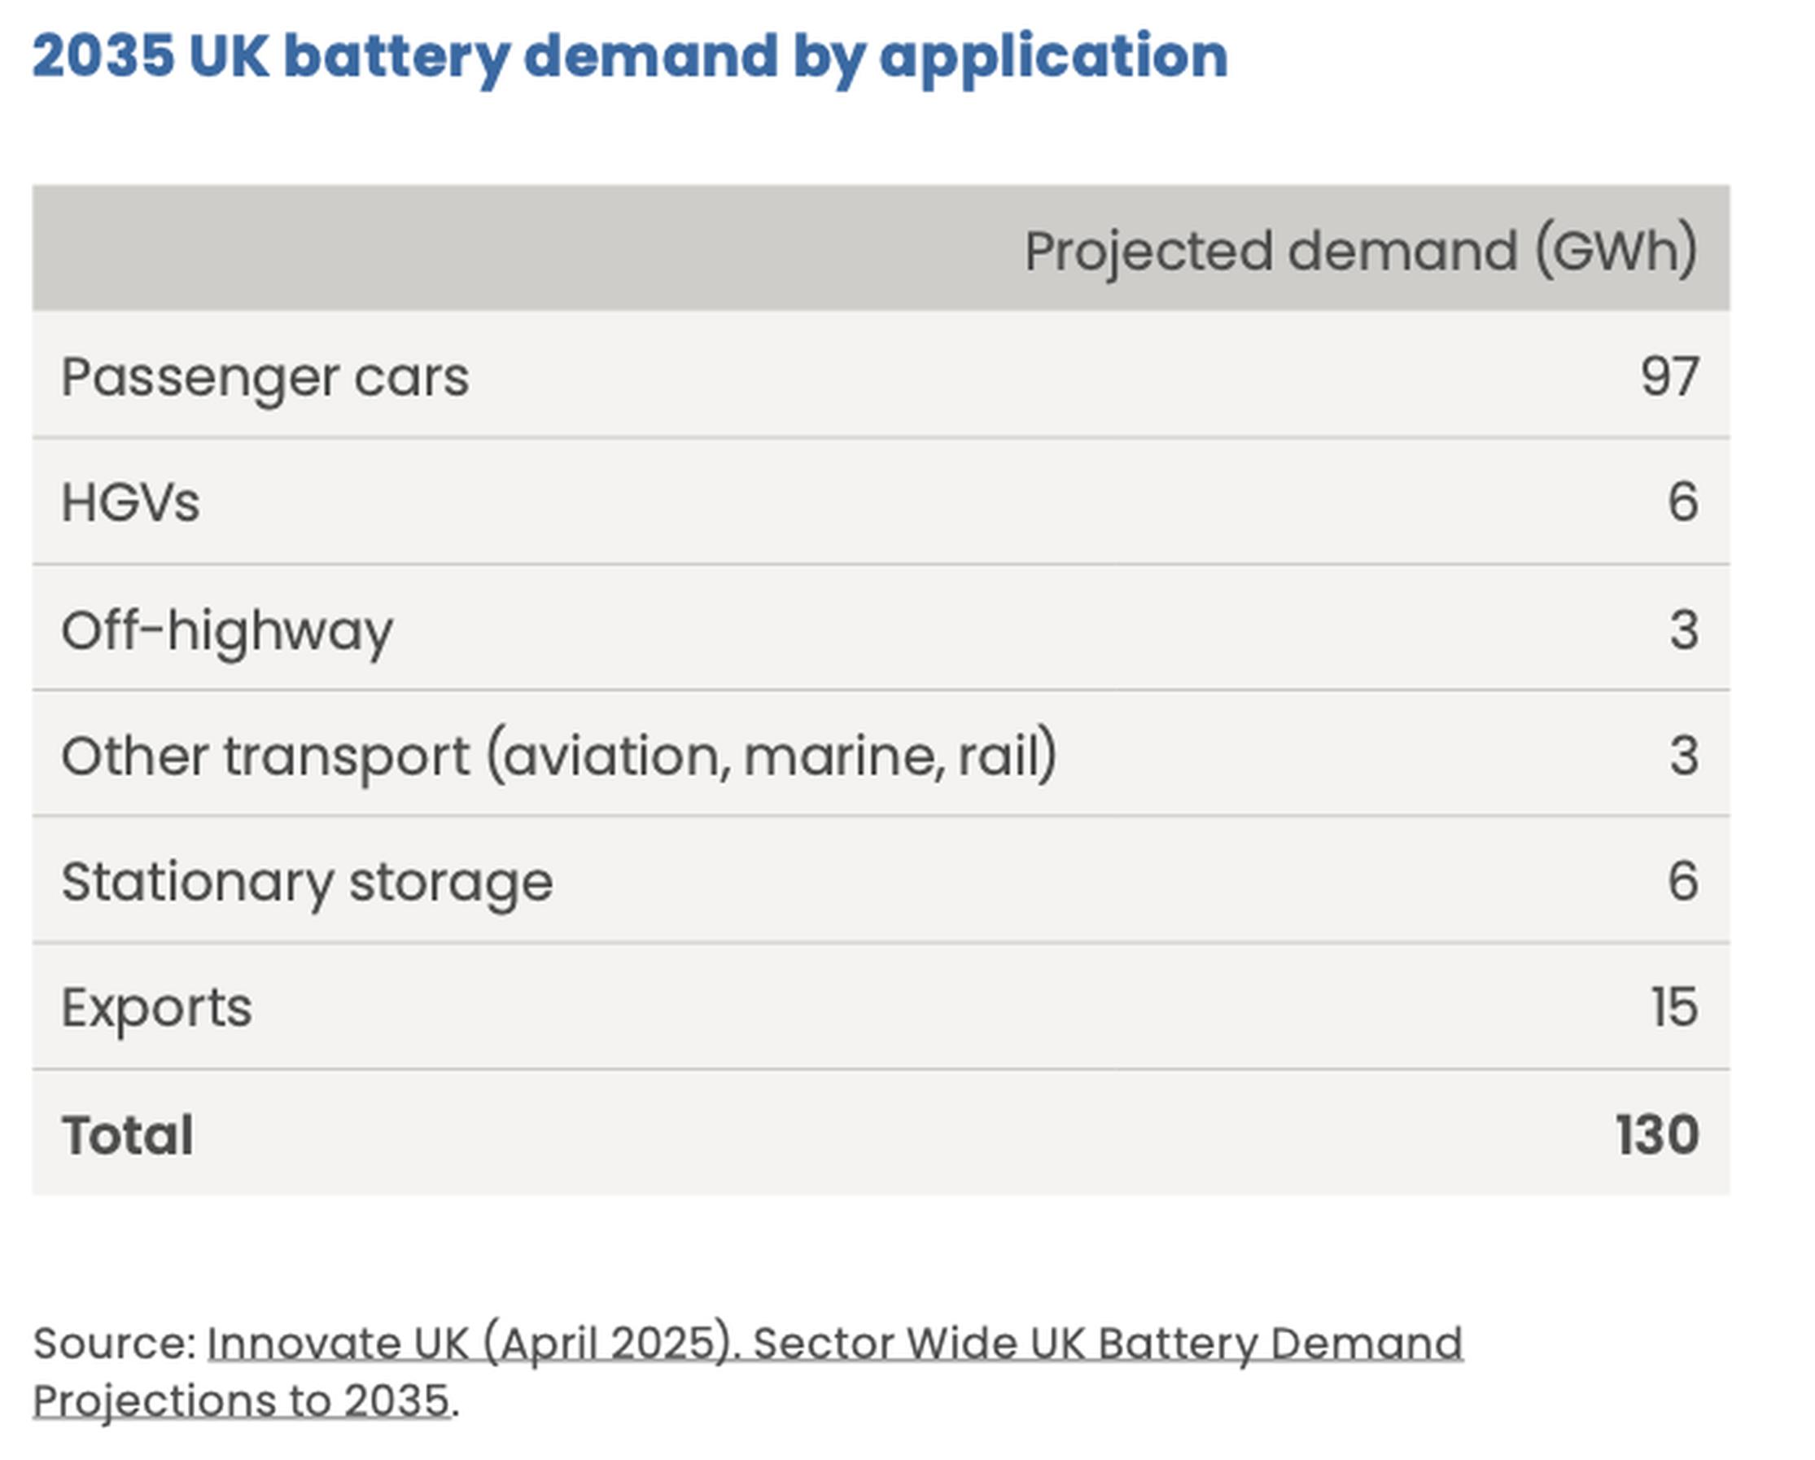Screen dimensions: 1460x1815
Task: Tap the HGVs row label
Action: tap(130, 502)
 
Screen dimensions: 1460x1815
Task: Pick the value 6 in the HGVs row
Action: tap(1682, 502)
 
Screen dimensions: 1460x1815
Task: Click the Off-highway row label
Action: tap(226, 629)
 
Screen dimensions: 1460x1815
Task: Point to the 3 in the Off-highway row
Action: tap(1683, 629)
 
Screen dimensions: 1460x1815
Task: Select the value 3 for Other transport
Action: tap(1683, 756)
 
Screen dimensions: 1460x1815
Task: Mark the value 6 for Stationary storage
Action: tap(1682, 882)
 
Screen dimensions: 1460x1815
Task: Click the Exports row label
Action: tap(155, 1007)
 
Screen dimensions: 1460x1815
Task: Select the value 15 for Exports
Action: tap(1673, 1007)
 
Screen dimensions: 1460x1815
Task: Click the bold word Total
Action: tap(127, 1134)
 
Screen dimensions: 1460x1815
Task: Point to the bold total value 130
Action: tap(1657, 1134)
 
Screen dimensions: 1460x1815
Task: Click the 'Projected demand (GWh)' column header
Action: tap(1359, 250)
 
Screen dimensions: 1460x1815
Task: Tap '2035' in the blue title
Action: tap(103, 56)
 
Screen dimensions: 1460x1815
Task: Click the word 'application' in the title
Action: tap(1053, 56)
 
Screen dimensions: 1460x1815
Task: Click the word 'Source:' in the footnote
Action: tap(114, 1342)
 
